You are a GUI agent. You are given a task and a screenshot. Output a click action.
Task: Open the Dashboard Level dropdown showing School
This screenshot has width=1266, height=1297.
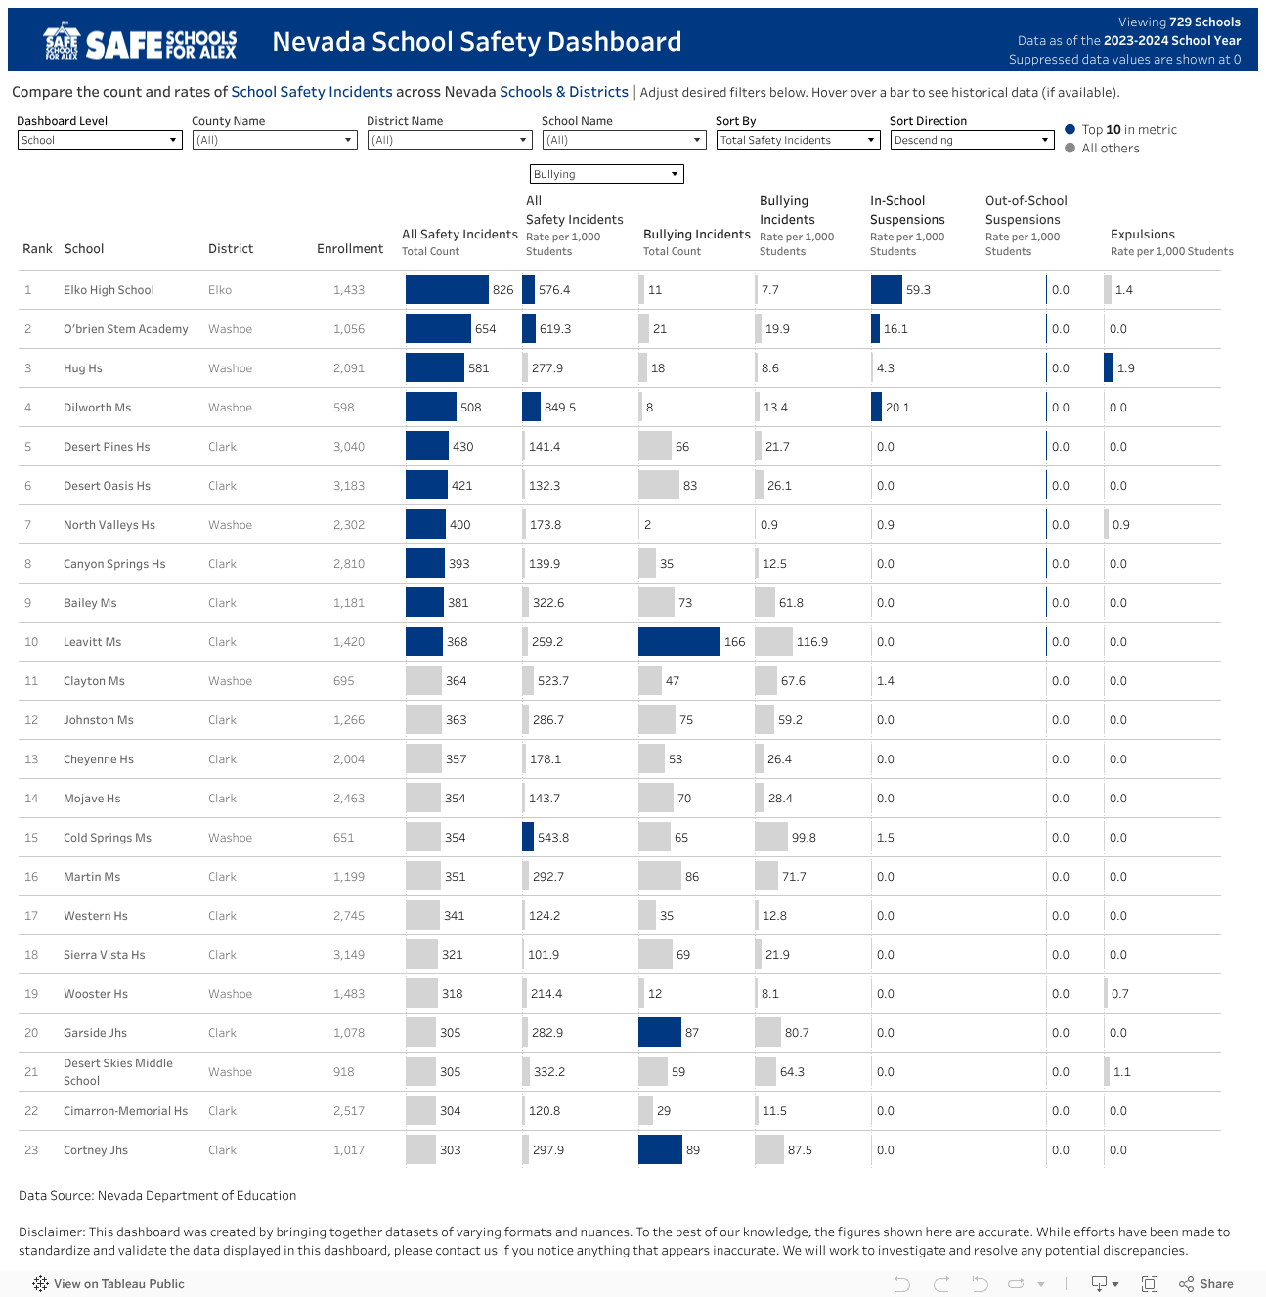tap(100, 140)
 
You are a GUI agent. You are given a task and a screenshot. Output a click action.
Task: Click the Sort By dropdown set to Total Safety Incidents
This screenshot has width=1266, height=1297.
tap(798, 140)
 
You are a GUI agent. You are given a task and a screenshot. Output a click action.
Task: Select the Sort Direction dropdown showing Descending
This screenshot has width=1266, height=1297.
tap(972, 140)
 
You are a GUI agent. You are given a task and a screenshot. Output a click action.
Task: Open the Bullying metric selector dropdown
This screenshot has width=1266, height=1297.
tap(606, 174)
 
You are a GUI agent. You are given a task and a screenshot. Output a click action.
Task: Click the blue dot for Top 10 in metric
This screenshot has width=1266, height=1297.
tap(1070, 129)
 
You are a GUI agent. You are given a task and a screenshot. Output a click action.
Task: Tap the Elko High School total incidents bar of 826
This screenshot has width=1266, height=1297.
tap(447, 289)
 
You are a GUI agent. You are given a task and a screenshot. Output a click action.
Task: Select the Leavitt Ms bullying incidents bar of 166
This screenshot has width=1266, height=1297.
tap(678, 641)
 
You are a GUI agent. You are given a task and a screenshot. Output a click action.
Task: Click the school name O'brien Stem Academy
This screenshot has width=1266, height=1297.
tap(125, 329)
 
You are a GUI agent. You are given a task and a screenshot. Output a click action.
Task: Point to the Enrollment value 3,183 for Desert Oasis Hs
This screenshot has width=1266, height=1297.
tap(349, 486)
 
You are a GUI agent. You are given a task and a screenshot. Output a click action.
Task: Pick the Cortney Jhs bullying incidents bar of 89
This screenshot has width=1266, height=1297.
tap(660, 1149)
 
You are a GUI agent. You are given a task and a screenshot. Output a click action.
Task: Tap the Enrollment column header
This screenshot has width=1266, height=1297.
tap(349, 249)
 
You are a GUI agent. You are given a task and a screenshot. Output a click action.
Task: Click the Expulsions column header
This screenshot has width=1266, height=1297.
tap(1142, 235)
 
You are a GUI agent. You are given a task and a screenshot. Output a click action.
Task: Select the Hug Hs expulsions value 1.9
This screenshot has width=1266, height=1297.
tap(1125, 368)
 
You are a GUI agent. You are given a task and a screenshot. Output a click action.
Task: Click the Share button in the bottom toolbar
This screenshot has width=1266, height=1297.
tap(1206, 1284)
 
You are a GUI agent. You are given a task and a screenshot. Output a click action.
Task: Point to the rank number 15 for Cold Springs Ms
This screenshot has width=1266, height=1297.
tap(31, 838)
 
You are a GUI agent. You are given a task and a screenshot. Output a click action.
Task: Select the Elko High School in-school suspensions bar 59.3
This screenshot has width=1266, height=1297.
tap(886, 289)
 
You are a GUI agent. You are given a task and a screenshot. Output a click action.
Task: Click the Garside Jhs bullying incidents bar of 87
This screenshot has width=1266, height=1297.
tap(659, 1032)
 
